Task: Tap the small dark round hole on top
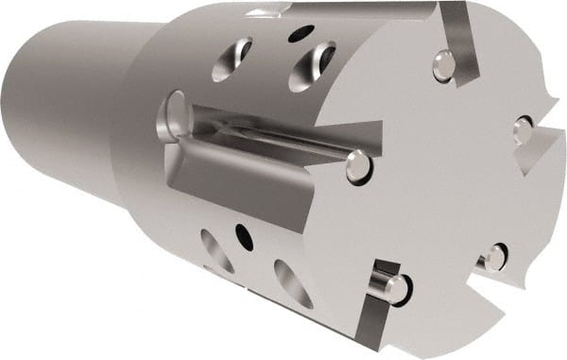(x=300, y=34)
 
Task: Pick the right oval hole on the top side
(x=311, y=66)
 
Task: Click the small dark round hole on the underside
(x=244, y=231)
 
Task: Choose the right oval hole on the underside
(x=292, y=283)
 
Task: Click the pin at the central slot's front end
(x=357, y=166)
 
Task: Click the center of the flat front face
(x=435, y=180)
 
